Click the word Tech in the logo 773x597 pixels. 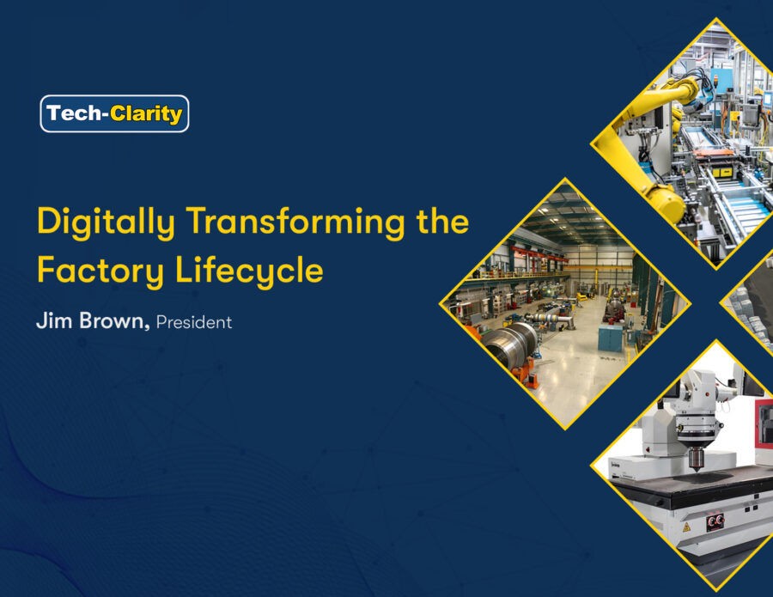pyautogui.click(x=74, y=113)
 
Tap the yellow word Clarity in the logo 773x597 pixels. pyautogui.click(x=146, y=114)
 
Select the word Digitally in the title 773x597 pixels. pyautogui.click(x=106, y=222)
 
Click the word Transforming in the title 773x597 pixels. pyautogui.click(x=295, y=222)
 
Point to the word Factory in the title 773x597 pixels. pyautogui.click(x=100, y=271)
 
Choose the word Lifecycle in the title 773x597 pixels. pyautogui.click(x=249, y=271)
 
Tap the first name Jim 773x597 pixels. pyautogui.click(x=54, y=320)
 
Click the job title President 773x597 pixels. pyautogui.click(x=194, y=322)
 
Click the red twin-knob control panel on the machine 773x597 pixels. pyautogui.click(x=715, y=521)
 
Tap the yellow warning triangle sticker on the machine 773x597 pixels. pyautogui.click(x=686, y=527)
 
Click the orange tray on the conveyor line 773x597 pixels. pyautogui.click(x=714, y=154)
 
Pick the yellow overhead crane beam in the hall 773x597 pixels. pyautogui.click(x=598, y=268)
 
